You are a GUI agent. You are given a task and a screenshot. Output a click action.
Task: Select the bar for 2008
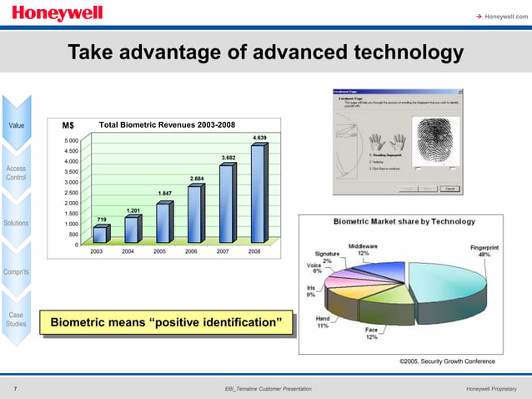(x=258, y=194)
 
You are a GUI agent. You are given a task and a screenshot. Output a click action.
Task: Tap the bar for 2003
(x=100, y=234)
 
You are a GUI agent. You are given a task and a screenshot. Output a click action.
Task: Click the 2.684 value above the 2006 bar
(x=197, y=179)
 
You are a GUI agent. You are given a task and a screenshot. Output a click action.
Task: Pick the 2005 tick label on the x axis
(x=160, y=250)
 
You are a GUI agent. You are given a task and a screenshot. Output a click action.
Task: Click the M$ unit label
(x=68, y=126)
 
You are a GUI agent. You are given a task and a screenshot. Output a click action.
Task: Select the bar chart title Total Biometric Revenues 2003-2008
(x=167, y=125)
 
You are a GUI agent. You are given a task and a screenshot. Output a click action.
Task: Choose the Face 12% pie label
(x=371, y=334)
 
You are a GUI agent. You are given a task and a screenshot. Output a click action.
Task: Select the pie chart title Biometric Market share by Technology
(x=404, y=222)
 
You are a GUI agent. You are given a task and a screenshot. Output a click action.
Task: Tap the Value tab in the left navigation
(x=17, y=126)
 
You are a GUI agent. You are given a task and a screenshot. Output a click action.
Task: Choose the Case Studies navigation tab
(x=17, y=320)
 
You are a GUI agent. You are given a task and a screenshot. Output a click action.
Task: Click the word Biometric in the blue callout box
(x=81, y=323)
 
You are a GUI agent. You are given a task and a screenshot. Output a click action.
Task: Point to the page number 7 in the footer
(x=16, y=390)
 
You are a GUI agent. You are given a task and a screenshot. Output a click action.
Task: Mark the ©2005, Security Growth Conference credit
(x=447, y=361)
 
